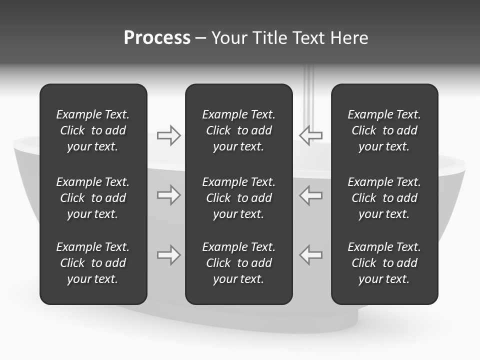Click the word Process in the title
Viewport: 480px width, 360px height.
[x=157, y=38]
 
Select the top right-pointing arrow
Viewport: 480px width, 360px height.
[x=169, y=135]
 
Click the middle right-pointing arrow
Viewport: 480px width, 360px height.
[x=169, y=195]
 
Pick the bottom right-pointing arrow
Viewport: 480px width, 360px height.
[x=169, y=255]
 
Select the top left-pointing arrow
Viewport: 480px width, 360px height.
[x=311, y=135]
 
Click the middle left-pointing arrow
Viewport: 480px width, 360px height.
[x=311, y=195]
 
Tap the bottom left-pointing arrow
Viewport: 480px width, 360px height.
[x=311, y=255]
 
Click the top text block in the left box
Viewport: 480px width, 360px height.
[x=93, y=130]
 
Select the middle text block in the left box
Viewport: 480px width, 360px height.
[x=93, y=198]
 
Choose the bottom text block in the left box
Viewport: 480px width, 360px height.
[x=93, y=263]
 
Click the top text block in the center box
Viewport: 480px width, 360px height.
[x=238, y=130]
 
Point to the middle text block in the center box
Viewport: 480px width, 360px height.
[x=238, y=198]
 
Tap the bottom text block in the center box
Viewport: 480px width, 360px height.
[x=238, y=263]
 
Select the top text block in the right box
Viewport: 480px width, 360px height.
[x=384, y=130]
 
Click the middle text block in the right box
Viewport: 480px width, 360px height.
[x=384, y=198]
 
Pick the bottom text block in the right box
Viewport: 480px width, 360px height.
[x=384, y=263]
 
